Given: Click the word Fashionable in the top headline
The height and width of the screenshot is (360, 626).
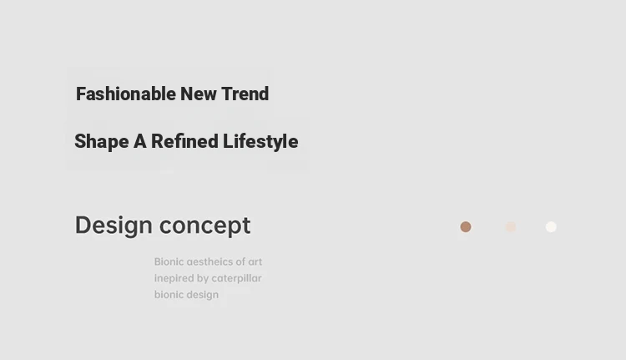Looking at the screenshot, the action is click(126, 94).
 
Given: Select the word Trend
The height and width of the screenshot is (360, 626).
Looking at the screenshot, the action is click(245, 94).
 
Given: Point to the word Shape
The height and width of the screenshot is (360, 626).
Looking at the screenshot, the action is click(101, 142).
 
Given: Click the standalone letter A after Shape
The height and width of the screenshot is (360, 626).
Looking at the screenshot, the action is click(139, 141).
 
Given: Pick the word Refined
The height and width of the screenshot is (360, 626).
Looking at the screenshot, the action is click(184, 141).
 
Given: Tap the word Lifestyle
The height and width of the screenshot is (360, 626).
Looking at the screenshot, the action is click(260, 142).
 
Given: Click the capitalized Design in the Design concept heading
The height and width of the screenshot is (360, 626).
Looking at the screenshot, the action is click(114, 226).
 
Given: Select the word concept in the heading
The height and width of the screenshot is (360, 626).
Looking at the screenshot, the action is click(204, 226).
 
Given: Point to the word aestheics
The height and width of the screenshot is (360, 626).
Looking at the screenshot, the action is click(210, 261).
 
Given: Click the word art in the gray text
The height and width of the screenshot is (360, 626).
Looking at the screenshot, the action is click(255, 261).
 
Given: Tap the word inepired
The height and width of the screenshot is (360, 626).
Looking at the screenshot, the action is click(174, 278).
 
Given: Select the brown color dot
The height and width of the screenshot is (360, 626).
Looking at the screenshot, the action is click(466, 227).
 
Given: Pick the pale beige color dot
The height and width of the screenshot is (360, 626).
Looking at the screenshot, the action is click(511, 227).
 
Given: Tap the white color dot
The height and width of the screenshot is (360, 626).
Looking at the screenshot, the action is click(551, 227).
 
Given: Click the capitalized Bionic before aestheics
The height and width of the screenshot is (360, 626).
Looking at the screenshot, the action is click(169, 261).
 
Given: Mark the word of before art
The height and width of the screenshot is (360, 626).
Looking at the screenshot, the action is click(240, 261).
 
